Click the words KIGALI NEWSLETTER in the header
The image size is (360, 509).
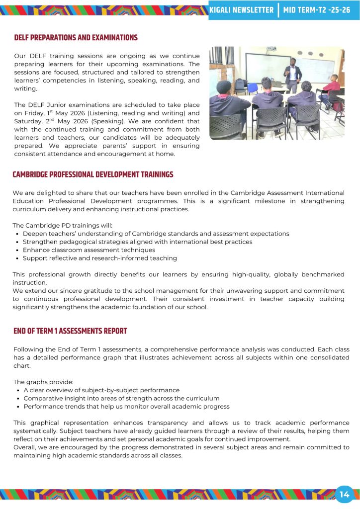pyautogui.click(x=242, y=10)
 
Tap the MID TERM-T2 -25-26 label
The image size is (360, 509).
pyautogui.click(x=317, y=10)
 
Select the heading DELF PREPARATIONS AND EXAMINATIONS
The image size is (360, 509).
pyautogui.click(x=76, y=38)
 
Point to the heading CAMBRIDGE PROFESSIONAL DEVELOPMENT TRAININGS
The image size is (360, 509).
pyautogui.click(x=93, y=174)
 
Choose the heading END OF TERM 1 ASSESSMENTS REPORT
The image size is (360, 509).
pyautogui.click(x=70, y=331)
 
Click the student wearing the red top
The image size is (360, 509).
pyautogui.click(x=332, y=87)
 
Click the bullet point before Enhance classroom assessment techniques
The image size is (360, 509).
pyautogui.click(x=18, y=250)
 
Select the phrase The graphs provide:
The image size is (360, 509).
pyautogui.click(x=43, y=382)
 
